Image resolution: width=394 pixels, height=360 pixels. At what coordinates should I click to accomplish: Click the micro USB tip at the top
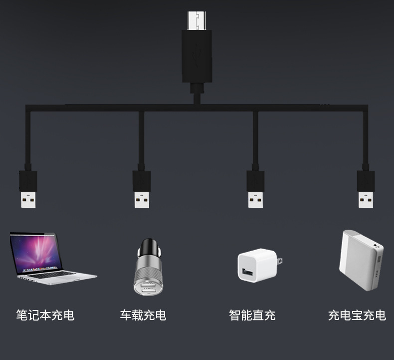(x=196, y=19)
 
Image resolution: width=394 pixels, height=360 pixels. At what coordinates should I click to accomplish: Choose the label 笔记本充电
(x=45, y=315)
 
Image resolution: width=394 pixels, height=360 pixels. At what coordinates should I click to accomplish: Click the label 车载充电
(x=143, y=315)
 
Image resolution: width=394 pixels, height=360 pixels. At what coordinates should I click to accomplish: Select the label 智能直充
(x=252, y=315)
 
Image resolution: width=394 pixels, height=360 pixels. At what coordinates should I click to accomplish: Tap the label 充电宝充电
(x=357, y=315)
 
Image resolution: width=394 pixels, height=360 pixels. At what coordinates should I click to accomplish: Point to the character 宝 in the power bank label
(x=357, y=315)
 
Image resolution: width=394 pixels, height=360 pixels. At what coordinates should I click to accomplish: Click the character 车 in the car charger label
(x=126, y=315)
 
